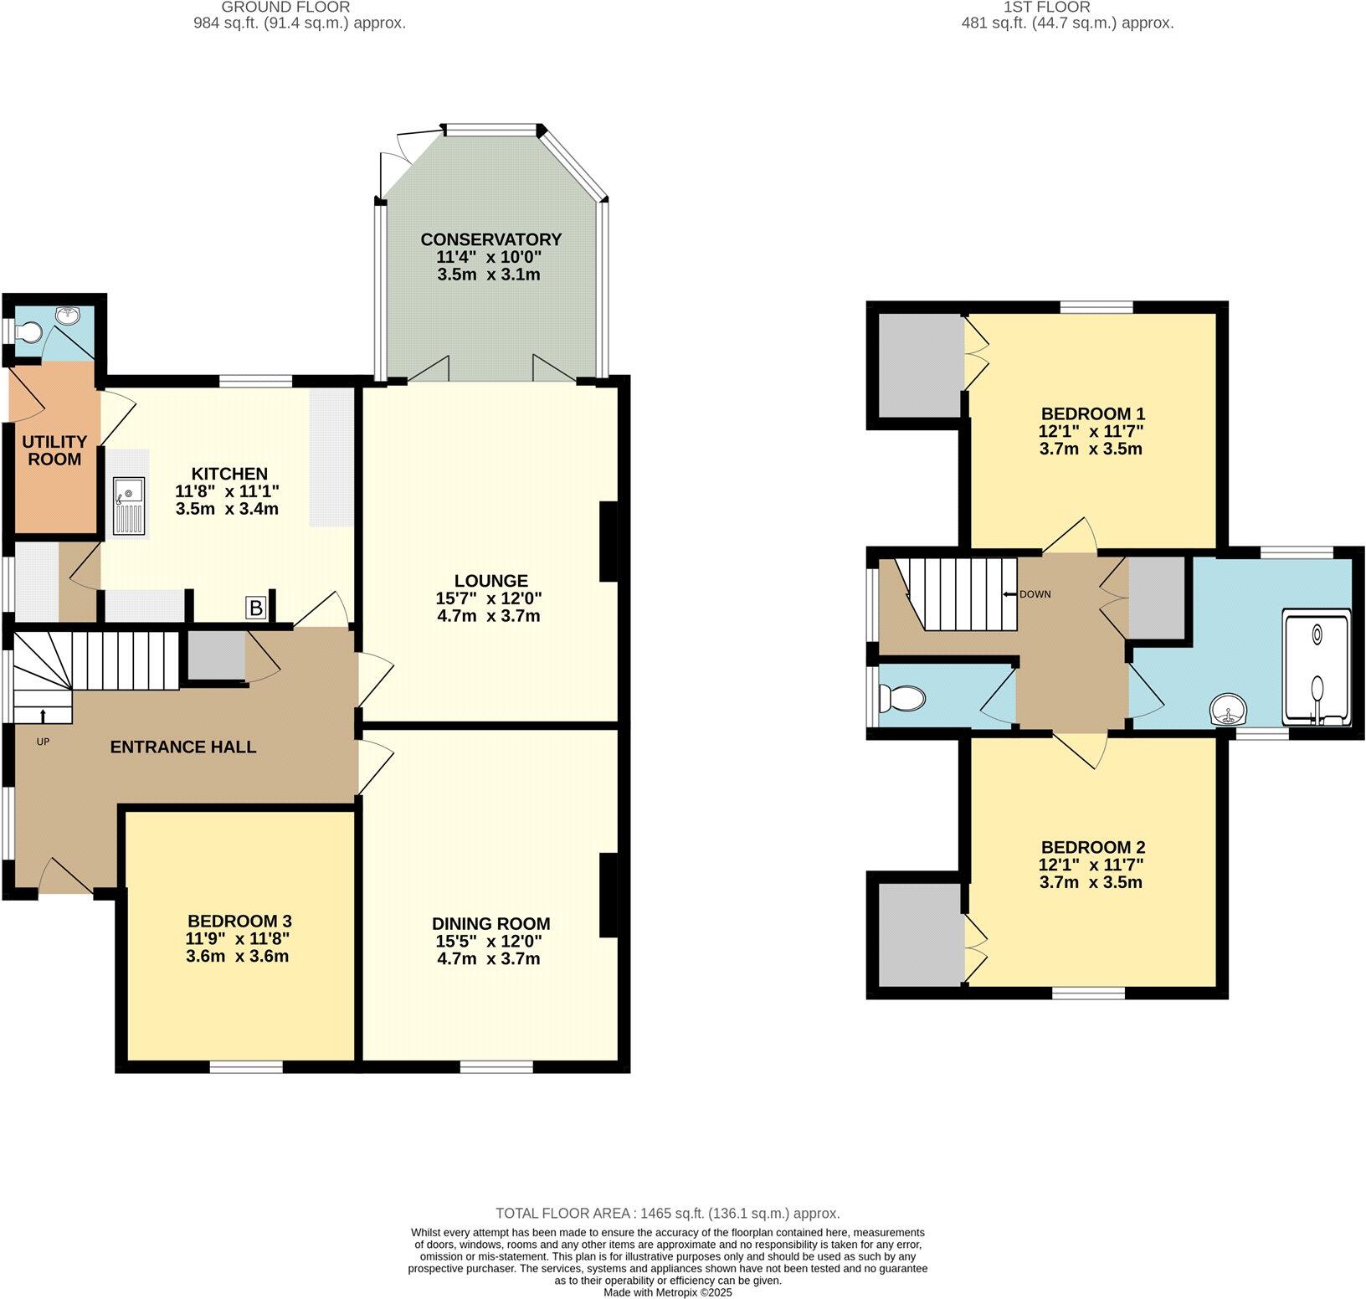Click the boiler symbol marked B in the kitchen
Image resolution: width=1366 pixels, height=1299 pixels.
[256, 608]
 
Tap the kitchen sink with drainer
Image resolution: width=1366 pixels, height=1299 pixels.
[130, 506]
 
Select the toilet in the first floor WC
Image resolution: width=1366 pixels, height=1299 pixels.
[901, 697]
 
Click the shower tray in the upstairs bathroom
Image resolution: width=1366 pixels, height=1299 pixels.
[1316, 668]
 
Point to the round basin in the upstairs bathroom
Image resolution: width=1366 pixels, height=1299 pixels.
[1229, 711]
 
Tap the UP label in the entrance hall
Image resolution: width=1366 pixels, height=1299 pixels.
[43, 742]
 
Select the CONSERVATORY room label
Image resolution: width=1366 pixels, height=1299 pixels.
[490, 239]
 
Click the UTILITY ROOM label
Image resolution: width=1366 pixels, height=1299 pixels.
[54, 450]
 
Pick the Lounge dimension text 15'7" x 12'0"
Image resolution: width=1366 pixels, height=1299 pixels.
[488, 598]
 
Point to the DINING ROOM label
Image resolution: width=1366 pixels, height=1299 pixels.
[490, 924]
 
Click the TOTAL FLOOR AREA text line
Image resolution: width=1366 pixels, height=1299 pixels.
[667, 1213]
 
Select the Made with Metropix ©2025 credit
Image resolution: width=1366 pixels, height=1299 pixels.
[668, 1292]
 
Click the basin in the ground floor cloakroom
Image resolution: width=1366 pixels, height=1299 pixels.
[67, 316]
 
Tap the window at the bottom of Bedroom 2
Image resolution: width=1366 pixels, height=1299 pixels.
[1088, 993]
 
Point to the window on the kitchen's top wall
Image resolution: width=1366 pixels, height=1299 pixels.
[256, 382]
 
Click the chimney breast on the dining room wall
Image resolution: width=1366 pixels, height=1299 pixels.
[609, 895]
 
